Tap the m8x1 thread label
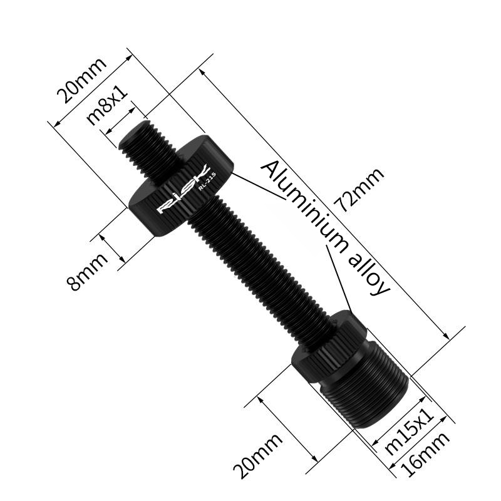[x=106, y=104]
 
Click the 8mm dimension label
[x=87, y=271]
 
